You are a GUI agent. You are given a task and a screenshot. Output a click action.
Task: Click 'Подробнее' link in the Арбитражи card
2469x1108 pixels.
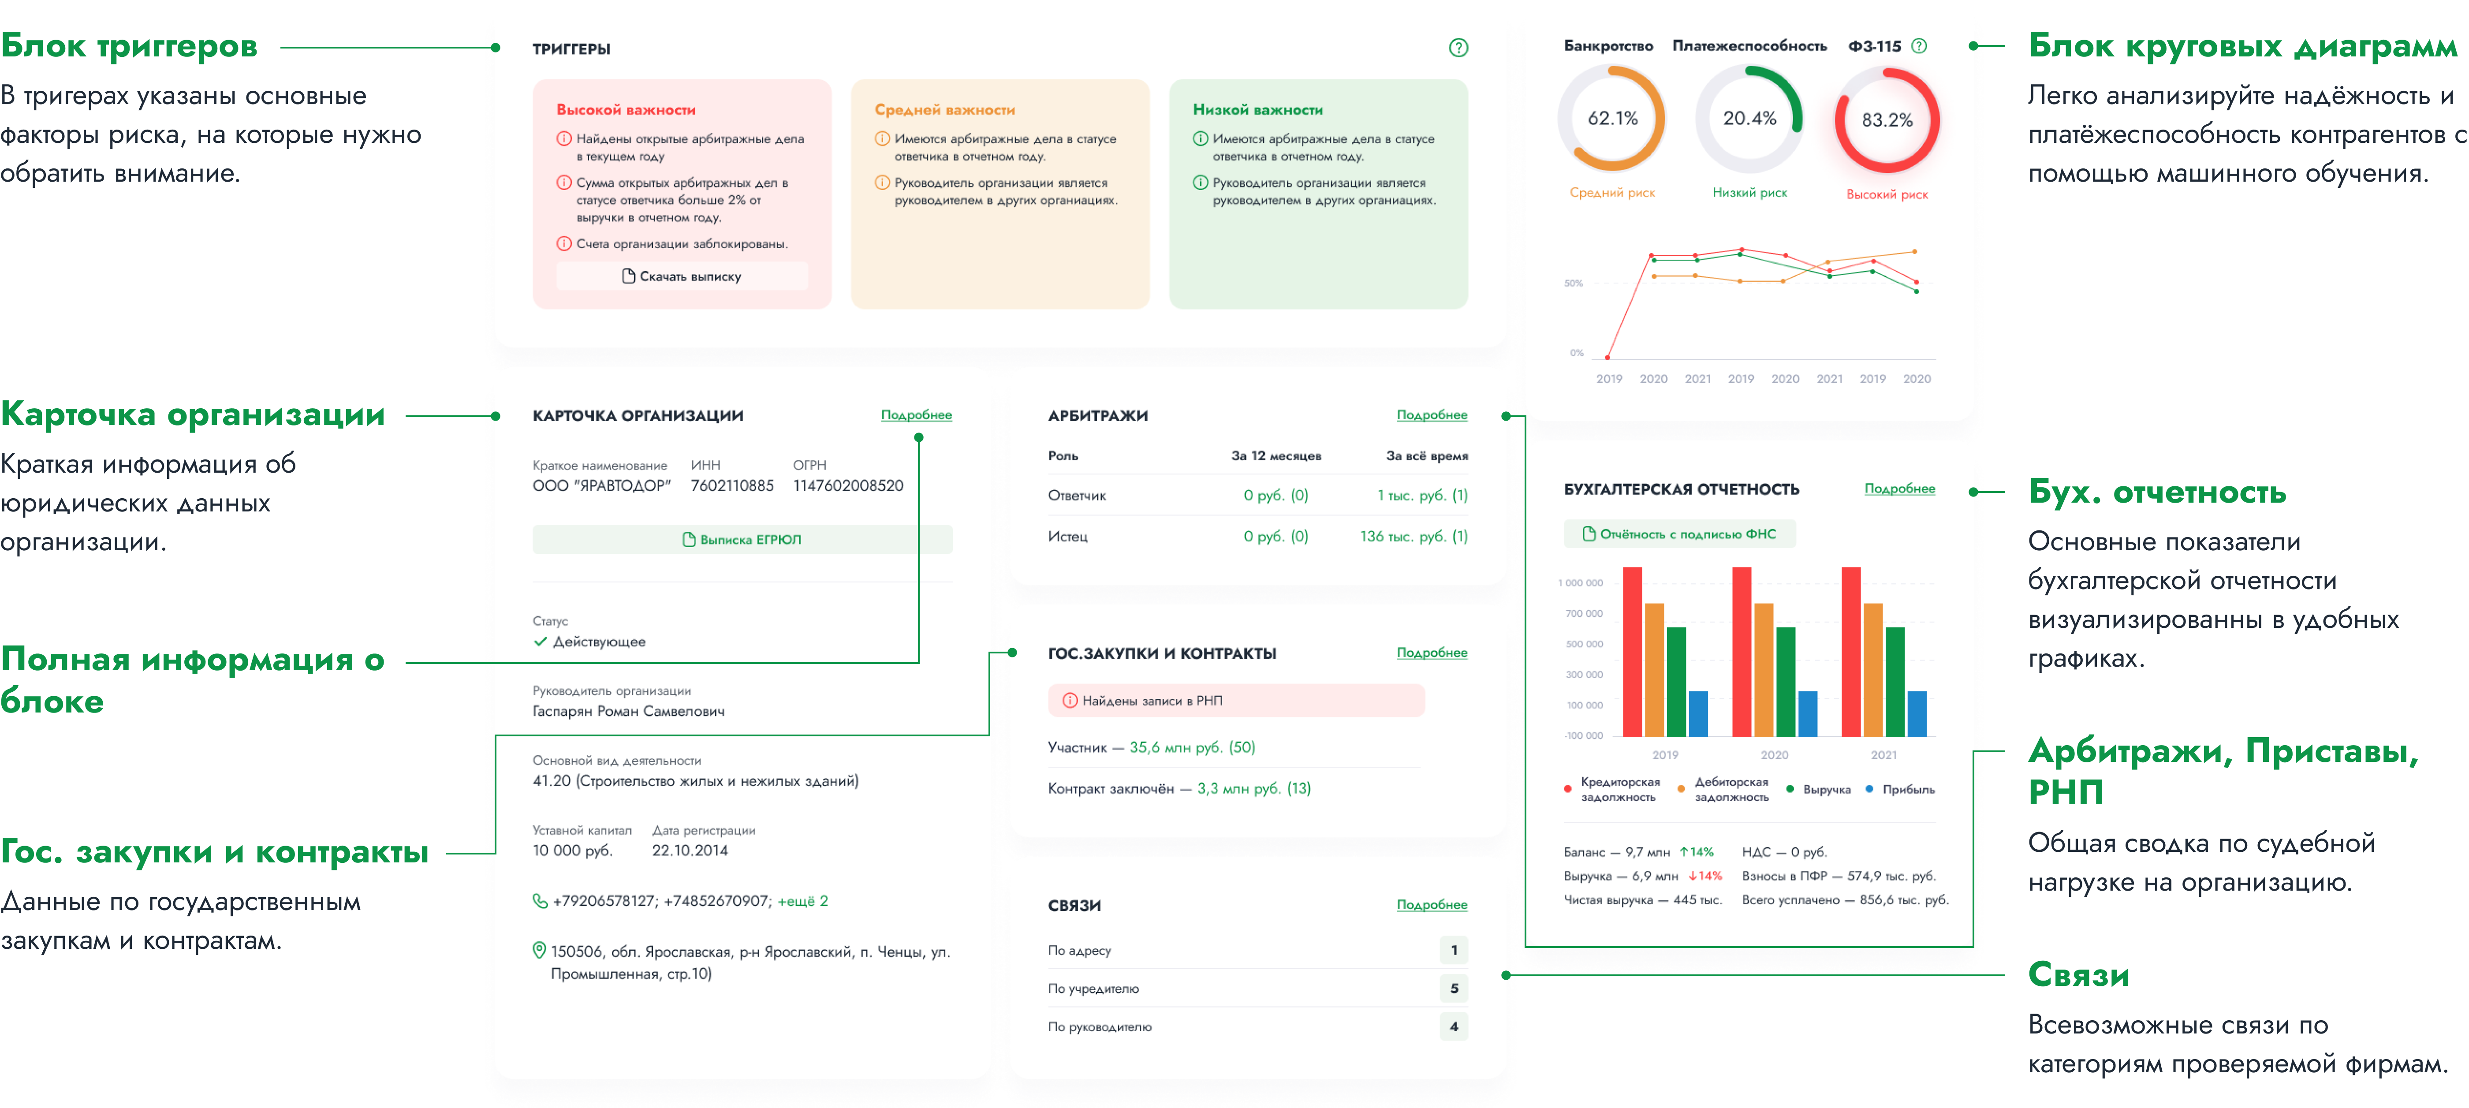(1431, 415)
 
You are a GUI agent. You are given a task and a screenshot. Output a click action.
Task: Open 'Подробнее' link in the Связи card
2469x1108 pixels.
(1431, 905)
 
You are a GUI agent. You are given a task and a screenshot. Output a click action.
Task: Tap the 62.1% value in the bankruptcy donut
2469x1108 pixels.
(1612, 119)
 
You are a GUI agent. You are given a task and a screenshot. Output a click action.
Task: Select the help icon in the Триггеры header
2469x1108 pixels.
(1458, 48)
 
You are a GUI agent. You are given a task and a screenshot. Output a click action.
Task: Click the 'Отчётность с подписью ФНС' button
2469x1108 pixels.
(1679, 534)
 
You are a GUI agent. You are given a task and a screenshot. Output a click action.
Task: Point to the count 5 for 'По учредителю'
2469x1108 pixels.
(1453, 988)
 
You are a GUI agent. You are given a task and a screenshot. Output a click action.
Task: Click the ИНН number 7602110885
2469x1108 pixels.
(732, 486)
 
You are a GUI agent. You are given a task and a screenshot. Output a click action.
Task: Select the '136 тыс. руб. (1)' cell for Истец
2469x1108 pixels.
(1413, 537)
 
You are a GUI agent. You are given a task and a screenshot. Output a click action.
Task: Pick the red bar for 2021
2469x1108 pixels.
(1851, 652)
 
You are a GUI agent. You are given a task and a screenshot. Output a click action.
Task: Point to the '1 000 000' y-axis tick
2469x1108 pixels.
(1581, 583)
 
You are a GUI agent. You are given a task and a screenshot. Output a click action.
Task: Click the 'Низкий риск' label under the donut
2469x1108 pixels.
(1749, 193)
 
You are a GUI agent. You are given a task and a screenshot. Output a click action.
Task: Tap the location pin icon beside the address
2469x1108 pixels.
(539, 951)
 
